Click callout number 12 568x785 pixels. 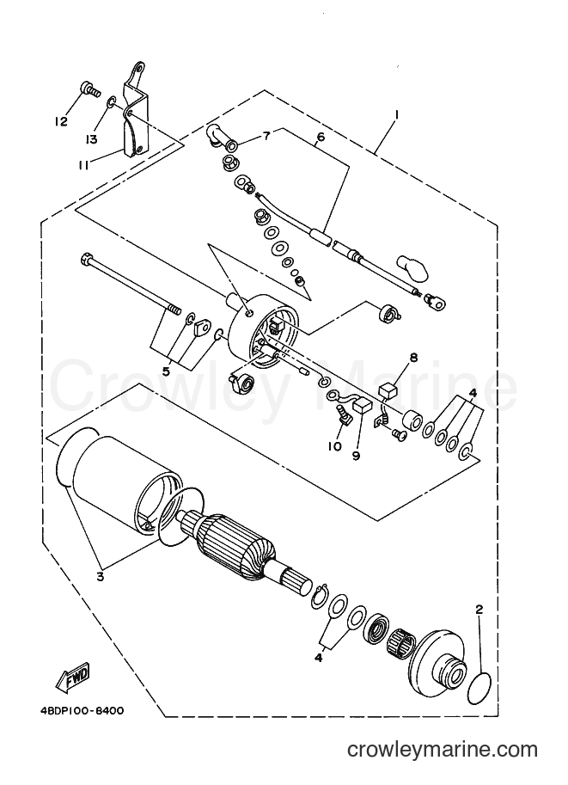[61, 121]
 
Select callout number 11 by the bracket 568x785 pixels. [83, 165]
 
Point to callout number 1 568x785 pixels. [396, 115]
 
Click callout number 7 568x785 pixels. [266, 135]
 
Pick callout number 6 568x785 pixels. [321, 136]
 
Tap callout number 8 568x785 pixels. [413, 358]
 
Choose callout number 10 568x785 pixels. [334, 445]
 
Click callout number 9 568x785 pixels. [356, 456]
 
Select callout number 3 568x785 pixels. [100, 577]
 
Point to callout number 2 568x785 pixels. [479, 610]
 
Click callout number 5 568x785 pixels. [166, 371]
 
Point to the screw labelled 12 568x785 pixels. [89, 91]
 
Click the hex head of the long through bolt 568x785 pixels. [85, 260]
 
